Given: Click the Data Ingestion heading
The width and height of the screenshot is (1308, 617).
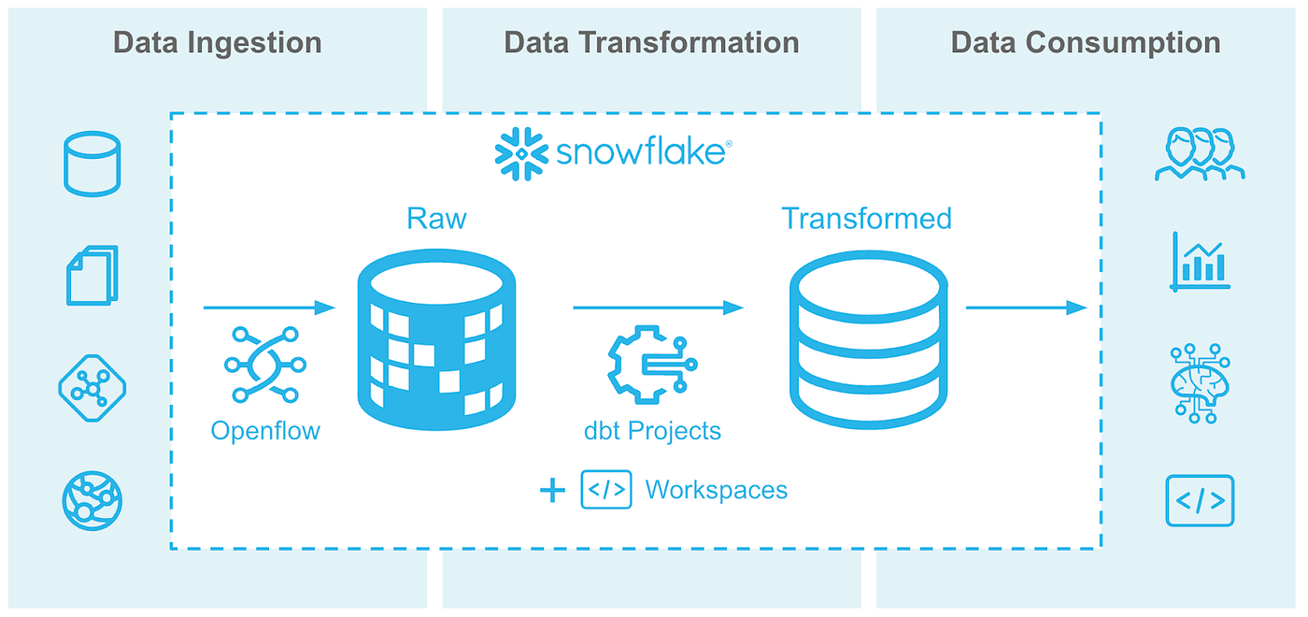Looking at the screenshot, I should (x=217, y=43).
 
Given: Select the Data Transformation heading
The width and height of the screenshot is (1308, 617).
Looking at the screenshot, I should (x=651, y=43).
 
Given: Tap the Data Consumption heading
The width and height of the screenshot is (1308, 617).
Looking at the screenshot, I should (x=1086, y=43).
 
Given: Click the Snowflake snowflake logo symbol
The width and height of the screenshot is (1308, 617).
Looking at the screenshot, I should (x=520, y=152).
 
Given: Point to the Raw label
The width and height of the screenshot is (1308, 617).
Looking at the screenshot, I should (x=436, y=218).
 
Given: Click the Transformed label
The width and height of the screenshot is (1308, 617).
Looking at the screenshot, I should (x=866, y=218).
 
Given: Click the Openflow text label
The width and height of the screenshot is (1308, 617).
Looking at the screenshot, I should (x=265, y=430).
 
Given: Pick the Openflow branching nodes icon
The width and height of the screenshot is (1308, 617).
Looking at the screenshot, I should (x=263, y=365).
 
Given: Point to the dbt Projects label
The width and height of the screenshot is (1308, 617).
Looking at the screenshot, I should (x=652, y=430).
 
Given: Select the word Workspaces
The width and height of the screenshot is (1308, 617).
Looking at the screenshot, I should (x=716, y=490).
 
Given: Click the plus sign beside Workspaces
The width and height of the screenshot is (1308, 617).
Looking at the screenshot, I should (x=552, y=490).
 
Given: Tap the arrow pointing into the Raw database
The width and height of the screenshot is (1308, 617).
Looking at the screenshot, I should (x=269, y=308).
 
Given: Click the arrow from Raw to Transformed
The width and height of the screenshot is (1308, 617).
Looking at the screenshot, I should (x=658, y=308).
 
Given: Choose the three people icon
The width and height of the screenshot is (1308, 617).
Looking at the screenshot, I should (x=1200, y=154).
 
